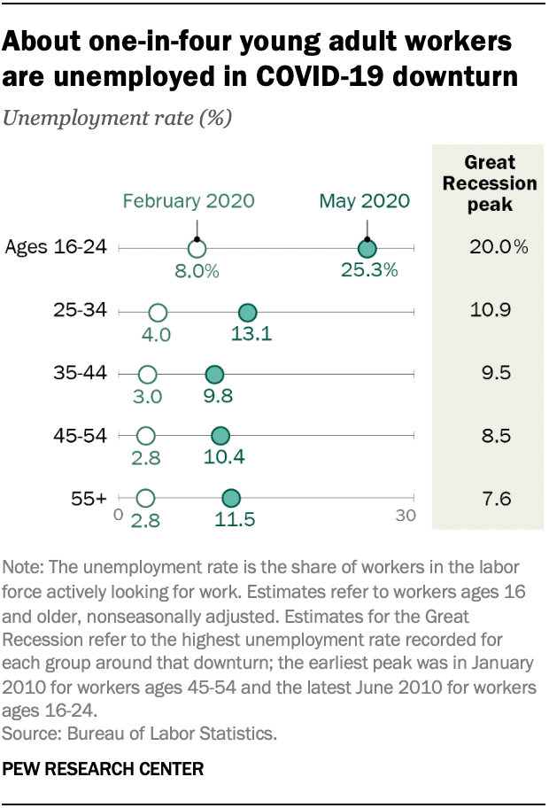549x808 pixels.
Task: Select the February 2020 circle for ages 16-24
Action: click(197, 249)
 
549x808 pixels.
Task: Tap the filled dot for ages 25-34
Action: click(247, 312)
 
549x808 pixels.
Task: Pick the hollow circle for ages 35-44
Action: click(148, 374)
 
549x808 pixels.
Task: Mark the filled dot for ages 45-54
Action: click(220, 436)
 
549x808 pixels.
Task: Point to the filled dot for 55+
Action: click(231, 499)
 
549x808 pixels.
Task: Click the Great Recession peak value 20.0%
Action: click(499, 247)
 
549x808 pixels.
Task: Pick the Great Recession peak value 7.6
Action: click(498, 499)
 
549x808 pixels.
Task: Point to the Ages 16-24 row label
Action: click(56, 248)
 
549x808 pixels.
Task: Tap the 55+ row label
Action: click(89, 499)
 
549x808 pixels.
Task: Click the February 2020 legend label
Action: click(189, 201)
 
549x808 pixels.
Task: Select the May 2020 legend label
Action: click(365, 201)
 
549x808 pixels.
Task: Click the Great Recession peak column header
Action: click(490, 183)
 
